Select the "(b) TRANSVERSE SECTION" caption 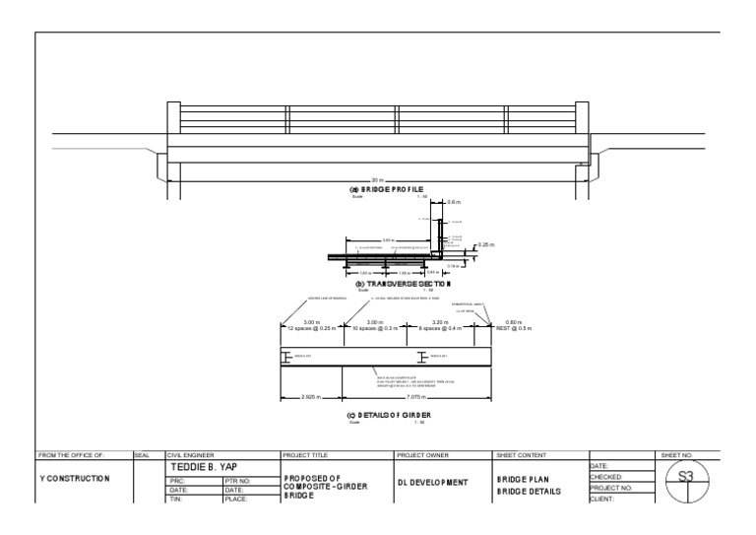tap(395, 283)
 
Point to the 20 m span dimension tap(378, 179)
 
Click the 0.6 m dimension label tap(454, 202)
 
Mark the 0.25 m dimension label tap(485, 244)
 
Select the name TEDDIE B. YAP tap(204, 466)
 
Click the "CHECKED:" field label tap(608, 477)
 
